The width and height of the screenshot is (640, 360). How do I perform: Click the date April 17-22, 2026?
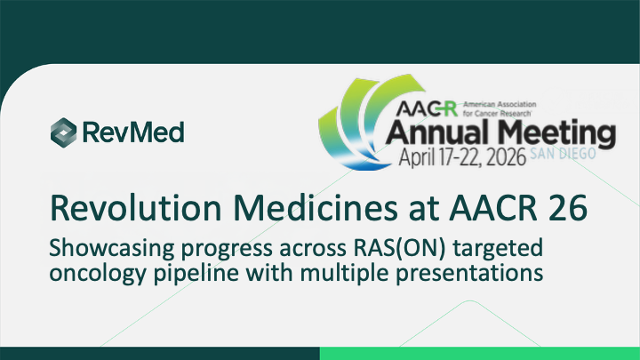point(452,161)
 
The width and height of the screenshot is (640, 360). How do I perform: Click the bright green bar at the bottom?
point(479,353)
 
